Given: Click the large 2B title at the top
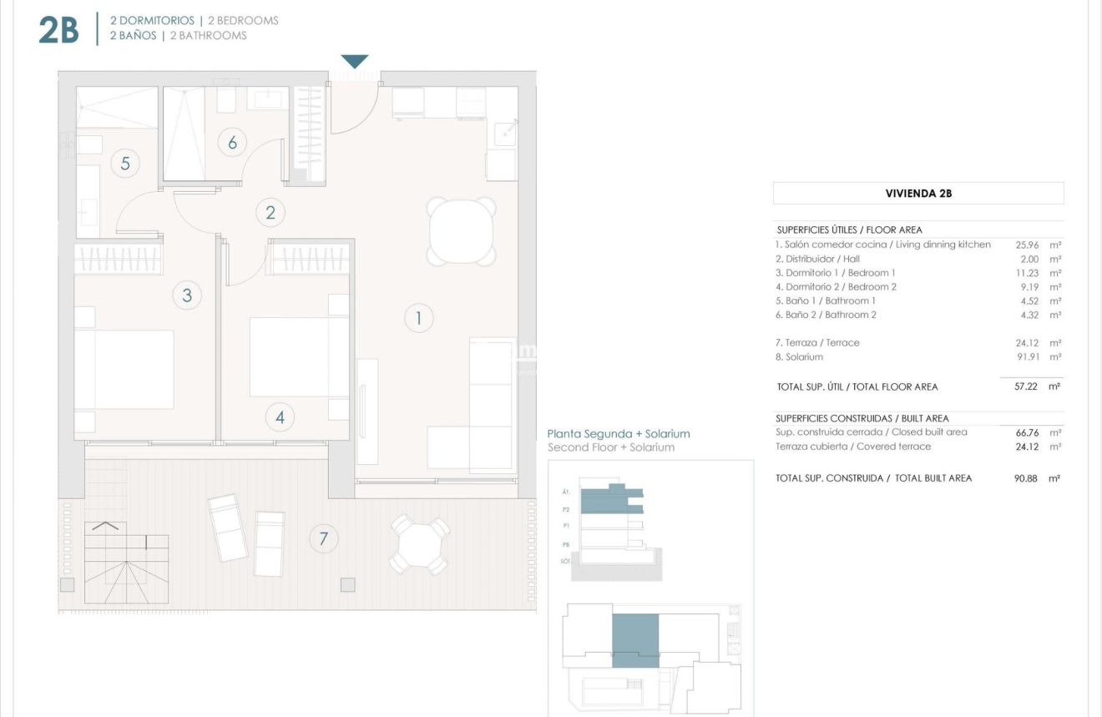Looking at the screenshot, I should click(x=58, y=29).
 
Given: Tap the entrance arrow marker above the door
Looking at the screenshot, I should click(x=355, y=62).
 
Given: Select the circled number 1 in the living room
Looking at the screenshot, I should click(x=419, y=318).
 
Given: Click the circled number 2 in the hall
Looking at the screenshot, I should click(x=270, y=213).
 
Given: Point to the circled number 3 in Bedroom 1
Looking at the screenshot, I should click(x=187, y=295).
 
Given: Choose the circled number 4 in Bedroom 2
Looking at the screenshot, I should click(x=280, y=417).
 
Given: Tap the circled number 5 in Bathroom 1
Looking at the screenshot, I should click(x=125, y=163).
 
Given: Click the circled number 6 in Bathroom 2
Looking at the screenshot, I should click(x=232, y=143).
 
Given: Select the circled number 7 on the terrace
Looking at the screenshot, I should click(x=323, y=539).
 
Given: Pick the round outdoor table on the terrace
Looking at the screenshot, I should click(x=421, y=544).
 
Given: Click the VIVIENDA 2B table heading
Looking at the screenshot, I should click(x=918, y=194).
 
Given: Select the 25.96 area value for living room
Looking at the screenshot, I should click(x=1026, y=245).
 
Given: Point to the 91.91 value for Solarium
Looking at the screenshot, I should click(x=1026, y=357).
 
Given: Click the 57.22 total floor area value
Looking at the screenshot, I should click(x=1025, y=387).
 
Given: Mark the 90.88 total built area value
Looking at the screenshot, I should click(x=1025, y=479).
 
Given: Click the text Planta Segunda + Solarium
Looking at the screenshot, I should click(x=619, y=434).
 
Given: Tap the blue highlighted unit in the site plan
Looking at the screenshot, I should click(x=635, y=640).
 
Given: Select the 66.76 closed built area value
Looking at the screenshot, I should click(x=1026, y=432).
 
